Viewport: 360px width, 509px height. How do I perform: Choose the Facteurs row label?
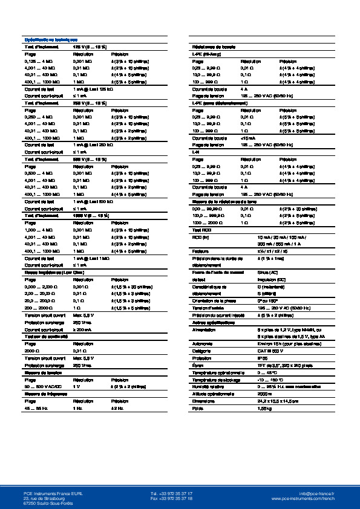(200, 250)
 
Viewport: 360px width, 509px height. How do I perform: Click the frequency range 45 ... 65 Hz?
(35, 409)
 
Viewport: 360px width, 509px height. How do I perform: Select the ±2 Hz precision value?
(116, 409)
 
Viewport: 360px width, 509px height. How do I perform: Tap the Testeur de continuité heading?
(44, 337)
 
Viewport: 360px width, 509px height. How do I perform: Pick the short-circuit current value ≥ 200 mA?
(83, 329)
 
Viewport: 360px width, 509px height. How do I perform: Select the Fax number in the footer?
(171, 499)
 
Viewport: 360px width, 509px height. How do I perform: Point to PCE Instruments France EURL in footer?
(48, 494)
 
